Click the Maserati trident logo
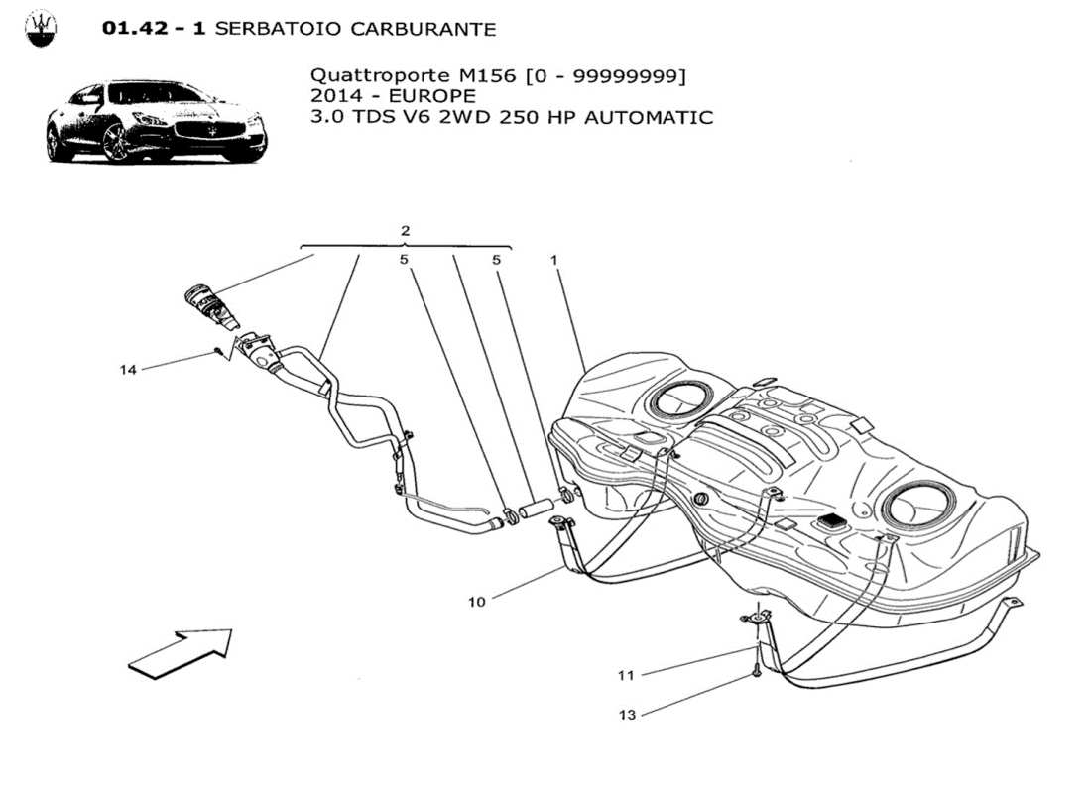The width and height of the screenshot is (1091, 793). [41, 28]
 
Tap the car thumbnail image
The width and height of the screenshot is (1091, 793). [156, 121]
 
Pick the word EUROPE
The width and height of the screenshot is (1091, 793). [434, 96]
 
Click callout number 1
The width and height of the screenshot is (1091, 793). [554, 260]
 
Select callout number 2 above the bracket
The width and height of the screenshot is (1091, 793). [405, 231]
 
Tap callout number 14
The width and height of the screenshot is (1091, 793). [128, 370]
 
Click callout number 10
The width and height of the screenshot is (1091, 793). [477, 602]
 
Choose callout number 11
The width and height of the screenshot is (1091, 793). [626, 676]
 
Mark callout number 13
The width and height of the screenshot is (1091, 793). [626, 715]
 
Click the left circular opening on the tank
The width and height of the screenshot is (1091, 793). [679, 399]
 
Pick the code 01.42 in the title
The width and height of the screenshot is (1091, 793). [141, 29]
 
